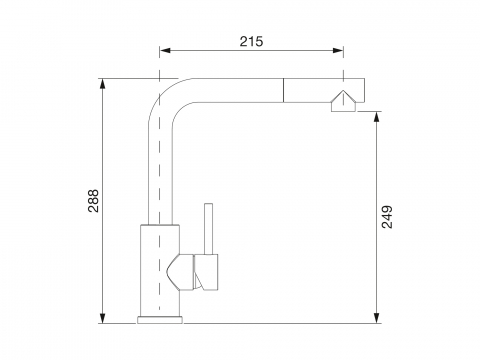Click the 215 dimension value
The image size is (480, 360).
pyautogui.click(x=251, y=41)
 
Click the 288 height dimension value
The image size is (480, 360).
pyautogui.click(x=94, y=201)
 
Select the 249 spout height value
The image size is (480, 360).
pyautogui.click(x=387, y=217)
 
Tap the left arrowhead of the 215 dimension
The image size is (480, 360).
pyautogui.click(x=165, y=50)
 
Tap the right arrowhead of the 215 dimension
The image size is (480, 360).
pyautogui.click(x=338, y=50)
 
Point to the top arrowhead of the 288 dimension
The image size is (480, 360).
pyautogui.click(x=103, y=84)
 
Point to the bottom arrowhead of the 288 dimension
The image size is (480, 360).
pyautogui.click(x=103, y=318)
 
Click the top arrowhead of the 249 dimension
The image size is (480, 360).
pyautogui.click(x=377, y=117)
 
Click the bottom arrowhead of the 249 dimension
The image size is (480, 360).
pyautogui.click(x=377, y=318)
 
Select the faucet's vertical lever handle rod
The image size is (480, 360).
pyautogui.click(x=209, y=229)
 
